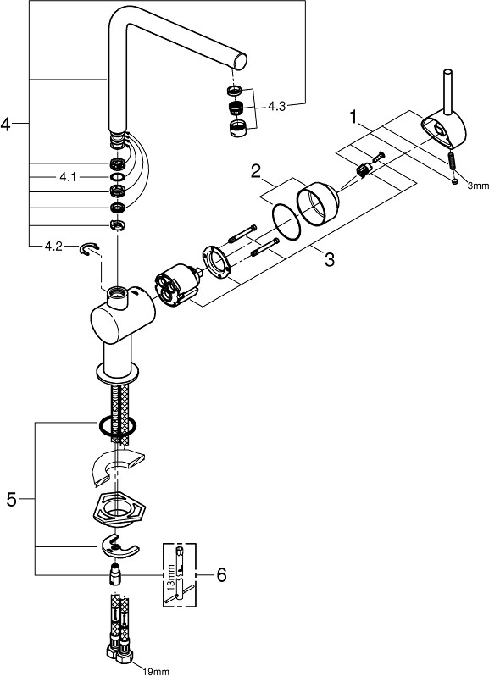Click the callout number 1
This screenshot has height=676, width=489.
pyautogui.click(x=354, y=117)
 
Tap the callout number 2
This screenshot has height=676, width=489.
pyautogui.click(x=256, y=173)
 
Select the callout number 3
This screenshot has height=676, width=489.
pyautogui.click(x=330, y=259)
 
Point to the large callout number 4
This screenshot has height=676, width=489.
pyautogui.click(x=5, y=125)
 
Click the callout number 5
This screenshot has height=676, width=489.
pyautogui.click(x=12, y=500)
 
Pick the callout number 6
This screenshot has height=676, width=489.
pyautogui.click(x=221, y=574)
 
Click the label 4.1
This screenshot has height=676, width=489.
pyautogui.click(x=68, y=177)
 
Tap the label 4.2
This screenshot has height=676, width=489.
pyautogui.click(x=53, y=247)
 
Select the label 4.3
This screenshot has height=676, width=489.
pyautogui.click(x=277, y=106)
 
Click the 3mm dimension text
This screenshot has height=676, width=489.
pyautogui.click(x=478, y=186)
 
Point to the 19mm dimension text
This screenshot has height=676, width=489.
pyautogui.click(x=156, y=671)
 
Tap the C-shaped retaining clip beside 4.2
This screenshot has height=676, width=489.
pyautogui.click(x=89, y=249)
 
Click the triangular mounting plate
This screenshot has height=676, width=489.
pyautogui.click(x=119, y=509)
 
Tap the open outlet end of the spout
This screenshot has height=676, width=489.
pyautogui.click(x=241, y=59)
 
